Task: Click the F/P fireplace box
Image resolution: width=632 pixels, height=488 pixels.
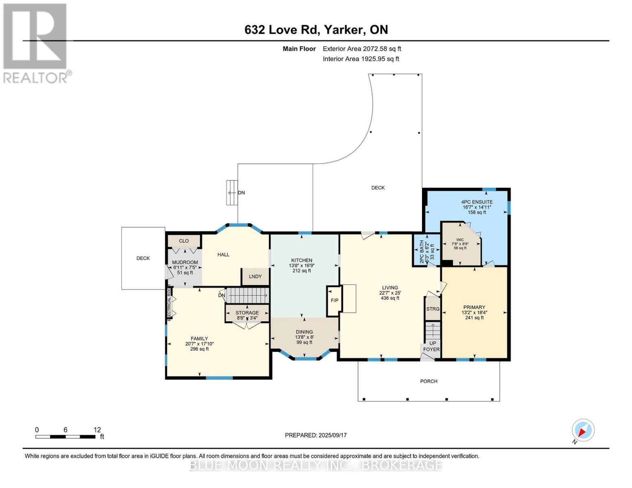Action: point(334,301)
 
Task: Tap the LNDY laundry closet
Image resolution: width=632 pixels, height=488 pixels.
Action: point(255,277)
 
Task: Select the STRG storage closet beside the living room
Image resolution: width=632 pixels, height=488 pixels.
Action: point(432,309)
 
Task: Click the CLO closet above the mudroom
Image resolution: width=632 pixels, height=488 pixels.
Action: point(184,241)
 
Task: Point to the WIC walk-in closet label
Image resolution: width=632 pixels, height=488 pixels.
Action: point(460,240)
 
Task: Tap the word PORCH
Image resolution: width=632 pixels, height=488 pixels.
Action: point(429,381)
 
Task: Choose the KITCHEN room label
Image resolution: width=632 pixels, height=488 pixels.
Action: point(302,260)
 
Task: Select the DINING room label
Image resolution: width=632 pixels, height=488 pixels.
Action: point(304,332)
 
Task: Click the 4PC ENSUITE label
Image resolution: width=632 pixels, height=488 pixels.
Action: point(477,202)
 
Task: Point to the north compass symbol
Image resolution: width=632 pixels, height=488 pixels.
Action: point(583,431)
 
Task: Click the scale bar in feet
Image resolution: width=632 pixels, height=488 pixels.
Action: point(66,437)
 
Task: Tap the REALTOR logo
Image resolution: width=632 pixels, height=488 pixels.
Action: point(36,44)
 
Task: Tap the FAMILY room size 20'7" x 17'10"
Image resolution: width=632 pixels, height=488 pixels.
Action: point(199,344)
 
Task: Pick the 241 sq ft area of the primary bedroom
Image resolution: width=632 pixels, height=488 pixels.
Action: point(474,318)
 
